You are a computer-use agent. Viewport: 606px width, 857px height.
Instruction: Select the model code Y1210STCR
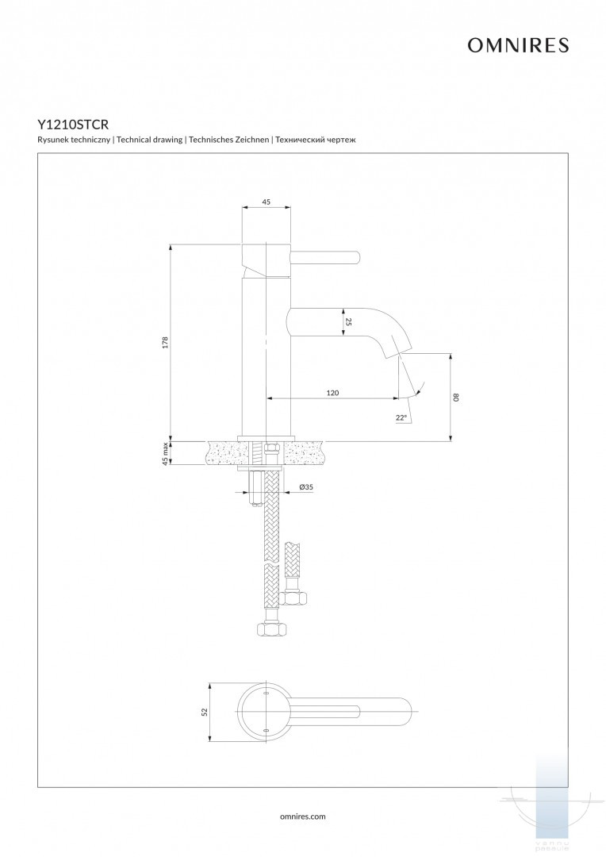[x=73, y=125]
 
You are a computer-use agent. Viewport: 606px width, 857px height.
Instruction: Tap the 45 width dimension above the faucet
[x=266, y=202]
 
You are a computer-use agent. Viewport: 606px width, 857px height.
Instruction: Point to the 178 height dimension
[x=165, y=342]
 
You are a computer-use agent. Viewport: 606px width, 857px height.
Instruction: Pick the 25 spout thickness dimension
[x=348, y=322]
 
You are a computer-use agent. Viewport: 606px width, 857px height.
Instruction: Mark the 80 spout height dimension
[x=456, y=397]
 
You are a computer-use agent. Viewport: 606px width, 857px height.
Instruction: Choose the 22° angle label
[x=401, y=417]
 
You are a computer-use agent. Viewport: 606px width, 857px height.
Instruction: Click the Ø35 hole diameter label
[x=305, y=487]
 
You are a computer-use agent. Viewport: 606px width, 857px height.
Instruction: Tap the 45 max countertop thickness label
[x=165, y=453]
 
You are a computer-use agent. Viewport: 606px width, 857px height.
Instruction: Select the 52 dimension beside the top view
[x=204, y=712]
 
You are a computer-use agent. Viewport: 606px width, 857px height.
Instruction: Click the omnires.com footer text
[x=303, y=816]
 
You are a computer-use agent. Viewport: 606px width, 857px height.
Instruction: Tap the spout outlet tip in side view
[x=401, y=350]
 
